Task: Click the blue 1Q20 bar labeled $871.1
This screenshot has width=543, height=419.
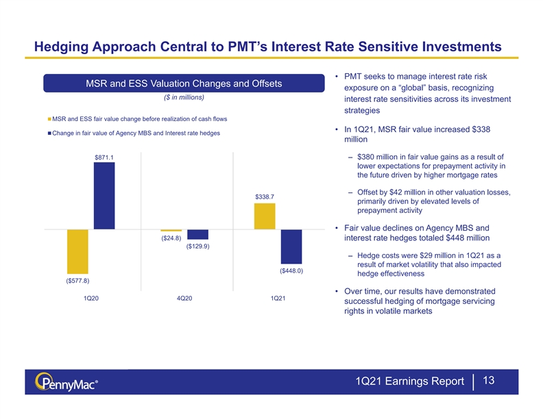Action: tap(104, 196)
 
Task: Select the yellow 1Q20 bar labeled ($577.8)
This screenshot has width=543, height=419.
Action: tap(77, 251)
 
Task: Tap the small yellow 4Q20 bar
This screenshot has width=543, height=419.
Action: tap(171, 230)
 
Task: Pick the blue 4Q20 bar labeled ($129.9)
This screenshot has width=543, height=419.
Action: tap(197, 234)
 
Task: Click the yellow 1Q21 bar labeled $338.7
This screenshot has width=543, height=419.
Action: tap(265, 216)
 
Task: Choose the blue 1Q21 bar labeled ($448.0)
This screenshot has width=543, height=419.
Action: tap(291, 246)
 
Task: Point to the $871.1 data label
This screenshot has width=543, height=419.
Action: tap(104, 157)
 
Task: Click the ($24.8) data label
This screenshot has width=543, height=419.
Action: tap(171, 238)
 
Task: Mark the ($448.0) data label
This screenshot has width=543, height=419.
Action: tap(291, 270)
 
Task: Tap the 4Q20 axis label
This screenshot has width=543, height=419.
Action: tap(184, 298)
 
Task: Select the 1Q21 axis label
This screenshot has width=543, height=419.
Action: tap(278, 298)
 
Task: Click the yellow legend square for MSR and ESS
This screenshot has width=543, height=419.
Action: tap(49, 119)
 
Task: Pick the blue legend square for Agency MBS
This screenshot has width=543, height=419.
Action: tap(49, 133)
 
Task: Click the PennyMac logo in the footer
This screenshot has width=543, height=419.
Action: tap(66, 382)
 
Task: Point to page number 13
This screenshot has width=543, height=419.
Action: tap(488, 380)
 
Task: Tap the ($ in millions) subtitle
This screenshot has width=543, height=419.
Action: tap(184, 97)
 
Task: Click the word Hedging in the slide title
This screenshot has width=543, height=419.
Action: tap(61, 47)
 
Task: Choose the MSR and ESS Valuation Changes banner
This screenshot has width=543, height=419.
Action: tap(184, 84)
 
